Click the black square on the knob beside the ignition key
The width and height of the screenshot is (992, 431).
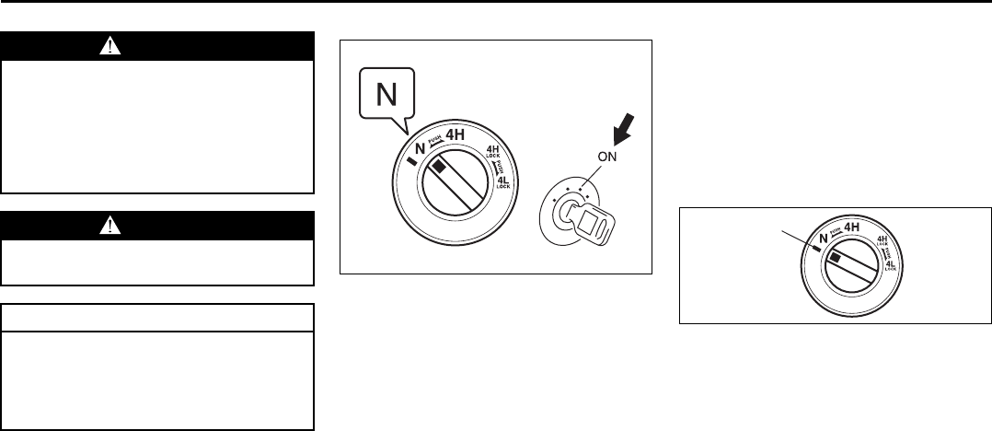[441, 167]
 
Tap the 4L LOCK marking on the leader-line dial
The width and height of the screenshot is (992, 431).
[892, 267]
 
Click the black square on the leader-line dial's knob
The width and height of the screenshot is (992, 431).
[835, 260]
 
